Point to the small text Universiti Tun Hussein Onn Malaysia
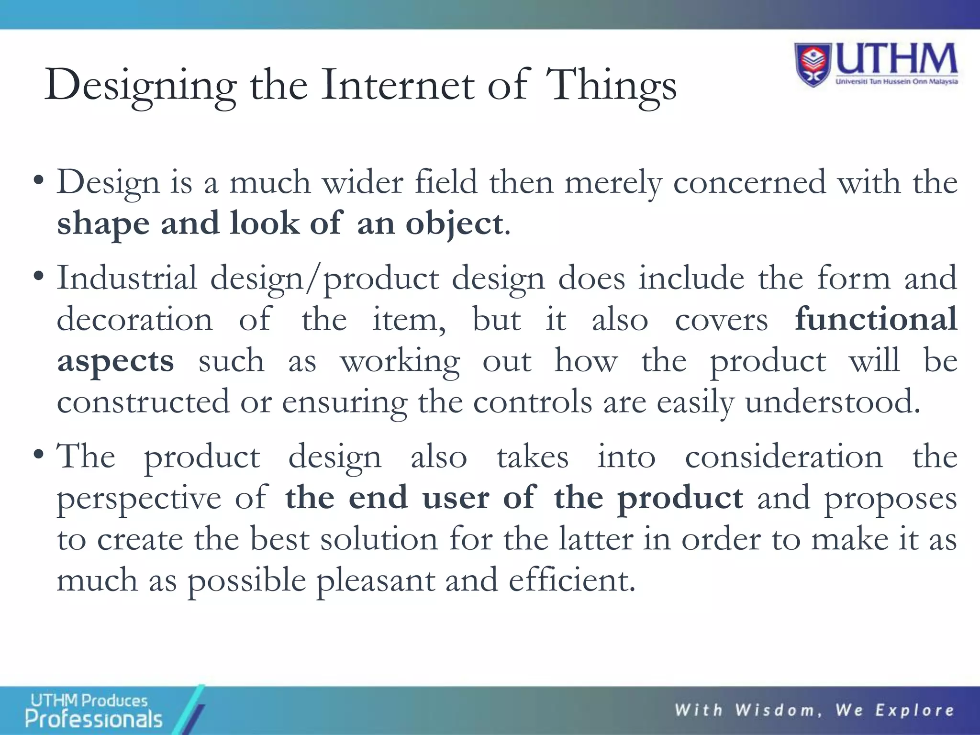point(897,81)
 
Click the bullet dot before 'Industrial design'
point(39,277)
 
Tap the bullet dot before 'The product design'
point(39,455)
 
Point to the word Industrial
point(127,278)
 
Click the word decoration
point(134,319)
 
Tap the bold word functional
point(876,319)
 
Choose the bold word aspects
point(115,361)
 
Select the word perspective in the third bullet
point(139,499)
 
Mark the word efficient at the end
point(571,580)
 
